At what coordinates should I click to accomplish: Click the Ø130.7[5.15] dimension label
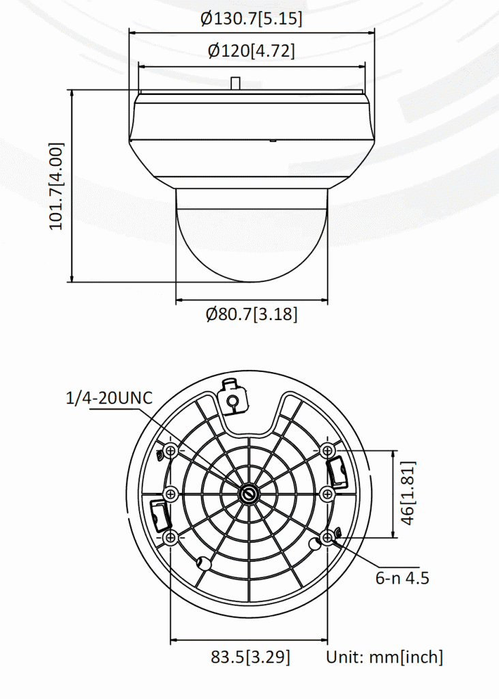tap(251, 18)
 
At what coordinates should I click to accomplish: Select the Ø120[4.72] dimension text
tap(251, 51)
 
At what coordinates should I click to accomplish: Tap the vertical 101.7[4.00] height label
tap(57, 186)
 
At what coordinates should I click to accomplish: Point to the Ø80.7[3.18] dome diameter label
tap(252, 314)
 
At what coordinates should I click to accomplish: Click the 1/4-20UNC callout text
tap(109, 398)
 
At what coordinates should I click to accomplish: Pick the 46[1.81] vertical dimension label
tap(408, 493)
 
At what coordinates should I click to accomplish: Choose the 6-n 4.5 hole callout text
tap(402, 577)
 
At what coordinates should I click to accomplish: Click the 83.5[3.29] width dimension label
tap(250, 657)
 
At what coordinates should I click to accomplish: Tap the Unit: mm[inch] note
tap(384, 657)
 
